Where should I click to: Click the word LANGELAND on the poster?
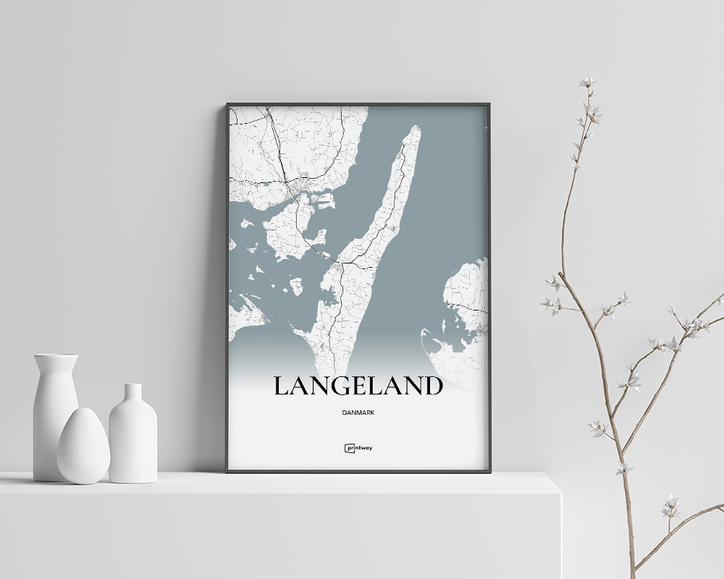click(358, 386)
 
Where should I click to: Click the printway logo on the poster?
click(358, 448)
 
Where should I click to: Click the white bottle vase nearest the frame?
click(132, 434)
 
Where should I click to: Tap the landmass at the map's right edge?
click(467, 297)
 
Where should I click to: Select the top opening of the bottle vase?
click(132, 385)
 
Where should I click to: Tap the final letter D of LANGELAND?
click(432, 386)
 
